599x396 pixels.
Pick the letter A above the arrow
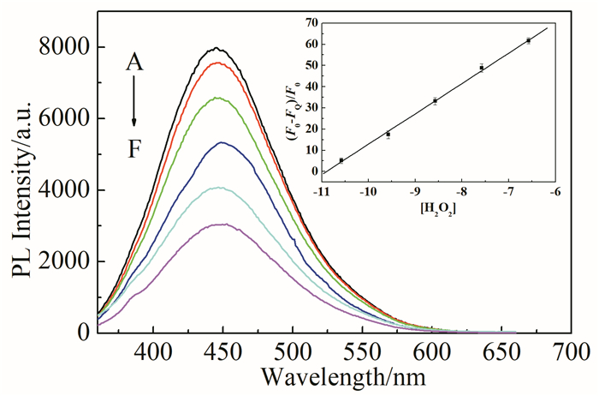pyautogui.click(x=134, y=63)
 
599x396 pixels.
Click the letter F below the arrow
pyautogui.click(x=134, y=150)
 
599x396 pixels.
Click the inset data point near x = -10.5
pyautogui.click(x=341, y=160)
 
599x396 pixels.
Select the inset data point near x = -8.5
pyautogui.click(x=435, y=101)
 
